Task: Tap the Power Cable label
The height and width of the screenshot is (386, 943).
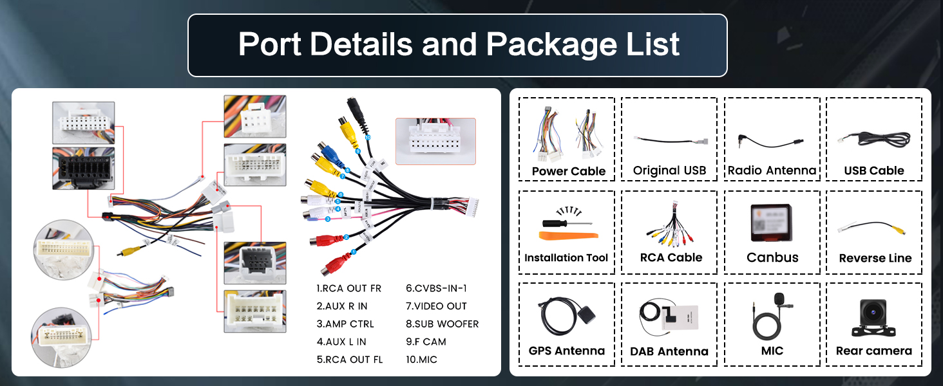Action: pos(569,171)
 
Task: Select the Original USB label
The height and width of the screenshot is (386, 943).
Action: pos(669,170)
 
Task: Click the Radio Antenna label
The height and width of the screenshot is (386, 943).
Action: pos(772,170)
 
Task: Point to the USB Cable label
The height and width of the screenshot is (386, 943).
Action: pos(874,170)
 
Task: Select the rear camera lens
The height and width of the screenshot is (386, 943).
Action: pos(873,312)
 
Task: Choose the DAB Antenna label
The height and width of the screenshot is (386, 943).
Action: pos(669,351)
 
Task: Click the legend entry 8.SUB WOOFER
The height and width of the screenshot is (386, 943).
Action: pos(442,324)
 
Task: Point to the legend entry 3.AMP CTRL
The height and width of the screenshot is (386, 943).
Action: pos(345,324)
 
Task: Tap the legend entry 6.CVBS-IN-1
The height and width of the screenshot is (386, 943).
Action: pos(436,288)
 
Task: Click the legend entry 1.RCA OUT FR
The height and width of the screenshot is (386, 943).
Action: pos(349,288)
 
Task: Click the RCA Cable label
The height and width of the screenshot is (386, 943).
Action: pos(671,257)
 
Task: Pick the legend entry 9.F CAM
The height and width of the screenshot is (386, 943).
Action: pos(426,342)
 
